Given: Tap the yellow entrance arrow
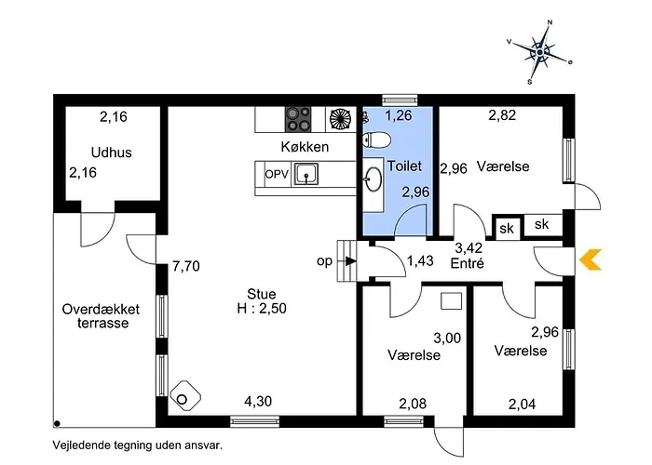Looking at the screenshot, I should click(591, 260).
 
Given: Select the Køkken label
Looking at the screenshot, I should click(304, 148).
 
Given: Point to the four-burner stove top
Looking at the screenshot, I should click(299, 118).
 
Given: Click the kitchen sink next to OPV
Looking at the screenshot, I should click(307, 174).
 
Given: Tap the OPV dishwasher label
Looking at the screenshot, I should click(277, 174).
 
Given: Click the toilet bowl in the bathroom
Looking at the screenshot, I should click(376, 140).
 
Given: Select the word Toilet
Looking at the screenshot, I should click(404, 166).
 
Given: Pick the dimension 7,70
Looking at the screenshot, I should click(187, 267).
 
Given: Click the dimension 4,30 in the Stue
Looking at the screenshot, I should click(259, 402).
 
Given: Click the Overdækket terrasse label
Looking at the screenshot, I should click(101, 316).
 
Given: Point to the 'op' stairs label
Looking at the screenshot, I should click(324, 261).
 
